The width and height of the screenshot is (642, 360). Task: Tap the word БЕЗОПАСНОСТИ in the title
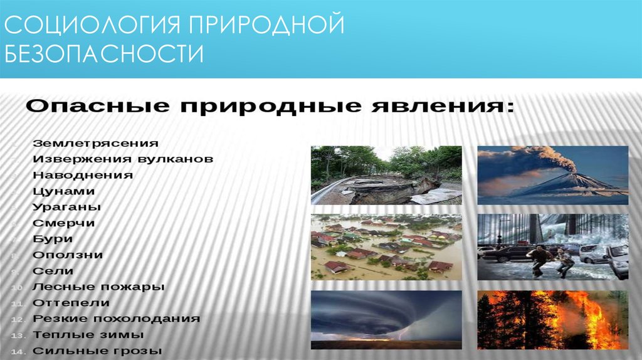(104, 54)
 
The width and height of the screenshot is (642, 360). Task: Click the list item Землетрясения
(95, 144)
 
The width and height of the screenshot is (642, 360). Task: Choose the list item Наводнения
(83, 176)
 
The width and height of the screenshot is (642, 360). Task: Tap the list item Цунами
(64, 191)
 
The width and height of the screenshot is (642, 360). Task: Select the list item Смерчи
(64, 223)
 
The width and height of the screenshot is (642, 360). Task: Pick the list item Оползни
(68, 255)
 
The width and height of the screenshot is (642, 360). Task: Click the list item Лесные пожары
(98, 287)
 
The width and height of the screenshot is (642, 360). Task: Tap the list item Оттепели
(71, 303)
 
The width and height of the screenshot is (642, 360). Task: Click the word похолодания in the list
(157, 319)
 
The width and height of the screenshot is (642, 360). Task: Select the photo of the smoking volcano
(552, 175)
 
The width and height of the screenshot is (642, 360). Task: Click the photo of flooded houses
(386, 247)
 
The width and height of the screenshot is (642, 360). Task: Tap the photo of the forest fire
(552, 320)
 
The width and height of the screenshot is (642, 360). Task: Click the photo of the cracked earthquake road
(386, 175)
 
